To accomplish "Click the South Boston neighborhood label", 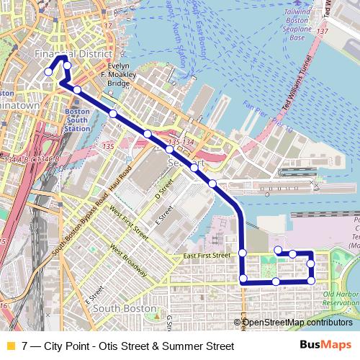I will pos(120,310).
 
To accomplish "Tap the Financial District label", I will pos(74,55).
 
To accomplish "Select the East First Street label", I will pos(207,256).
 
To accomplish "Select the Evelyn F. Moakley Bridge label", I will pos(118,74).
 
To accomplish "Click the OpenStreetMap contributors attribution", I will pos(297,323).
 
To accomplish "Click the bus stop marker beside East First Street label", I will pos(243,253).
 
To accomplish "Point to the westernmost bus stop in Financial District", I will pos(48,71).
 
